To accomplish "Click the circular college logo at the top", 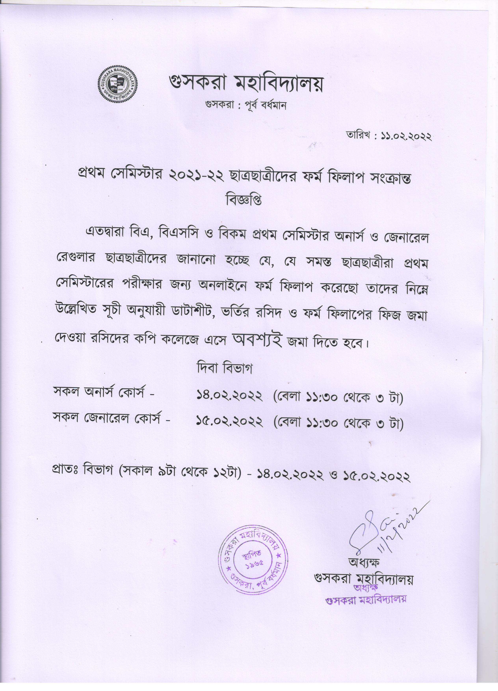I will coord(118,83).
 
